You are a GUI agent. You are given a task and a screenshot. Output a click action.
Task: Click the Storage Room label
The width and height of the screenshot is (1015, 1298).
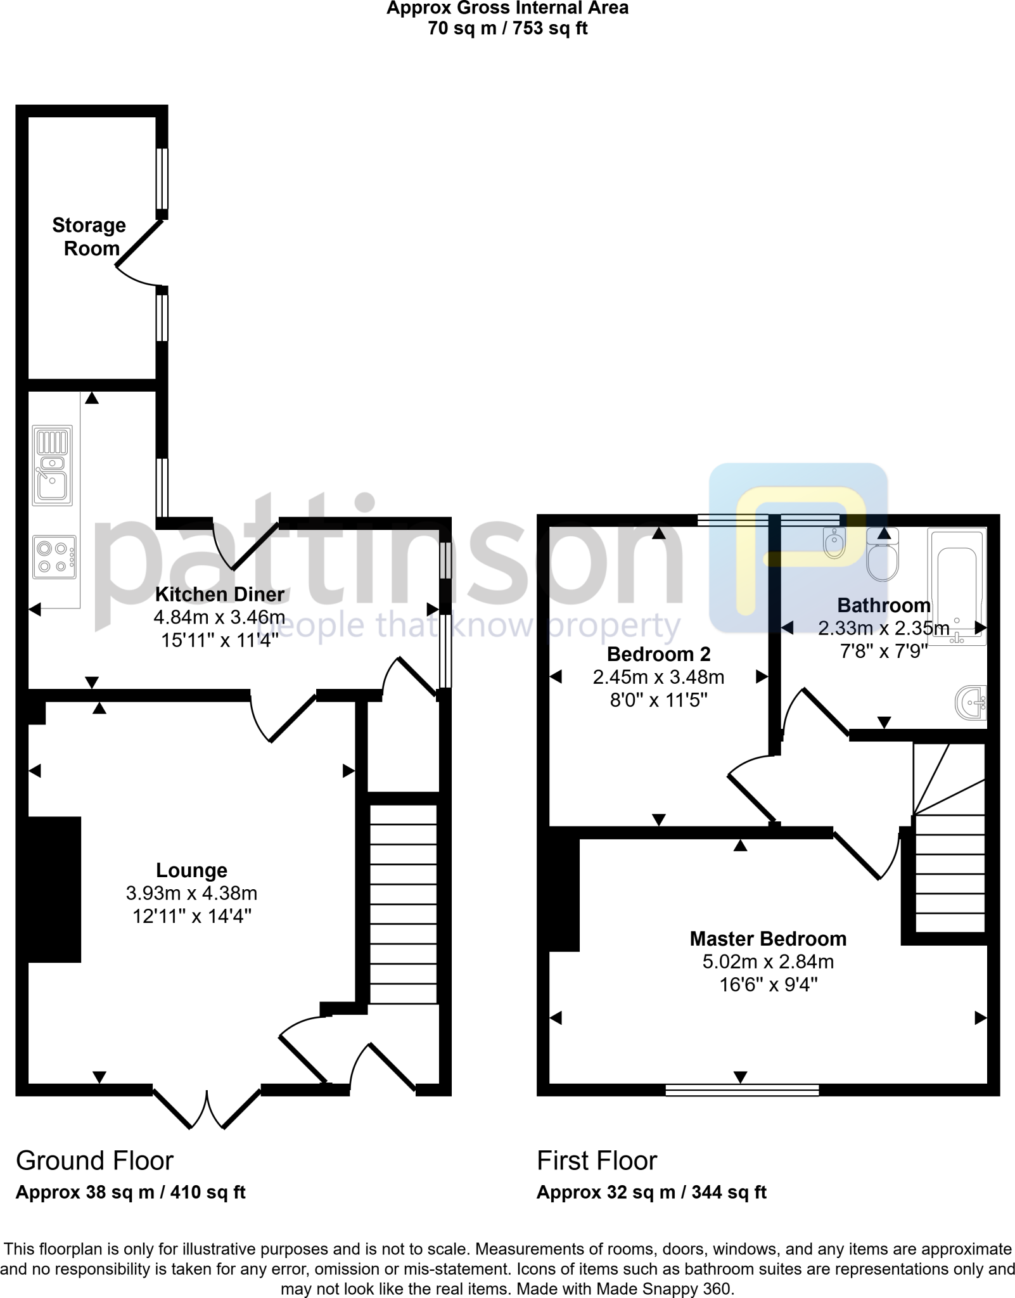coord(89,236)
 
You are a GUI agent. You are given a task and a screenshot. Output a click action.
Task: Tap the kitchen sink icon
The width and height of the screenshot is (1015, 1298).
coord(53,466)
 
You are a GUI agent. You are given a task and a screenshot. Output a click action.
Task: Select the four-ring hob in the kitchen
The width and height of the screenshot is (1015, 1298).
coord(54,557)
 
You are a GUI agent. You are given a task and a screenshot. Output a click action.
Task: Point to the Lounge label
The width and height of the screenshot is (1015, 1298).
coord(191,870)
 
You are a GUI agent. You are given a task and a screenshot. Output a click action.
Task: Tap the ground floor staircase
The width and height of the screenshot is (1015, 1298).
coord(403,903)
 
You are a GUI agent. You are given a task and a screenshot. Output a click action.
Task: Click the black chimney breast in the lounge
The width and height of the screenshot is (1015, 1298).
coord(54,889)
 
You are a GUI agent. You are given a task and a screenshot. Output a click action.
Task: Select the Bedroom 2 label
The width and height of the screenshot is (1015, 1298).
coord(658,653)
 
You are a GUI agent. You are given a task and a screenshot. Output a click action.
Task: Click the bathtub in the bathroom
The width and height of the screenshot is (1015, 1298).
coord(957,586)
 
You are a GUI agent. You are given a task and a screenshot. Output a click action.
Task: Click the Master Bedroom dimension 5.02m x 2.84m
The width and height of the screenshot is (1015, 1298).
coord(768,961)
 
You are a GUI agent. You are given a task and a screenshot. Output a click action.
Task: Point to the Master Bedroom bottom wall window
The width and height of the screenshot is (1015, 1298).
coord(742,1090)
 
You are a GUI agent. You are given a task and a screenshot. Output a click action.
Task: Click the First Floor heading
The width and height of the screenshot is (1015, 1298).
coord(596,1161)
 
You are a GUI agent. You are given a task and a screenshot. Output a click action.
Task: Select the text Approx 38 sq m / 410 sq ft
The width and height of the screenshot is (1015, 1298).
coord(130,1192)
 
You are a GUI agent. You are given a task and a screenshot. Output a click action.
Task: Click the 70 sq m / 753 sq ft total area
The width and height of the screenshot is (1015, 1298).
coord(507,29)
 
